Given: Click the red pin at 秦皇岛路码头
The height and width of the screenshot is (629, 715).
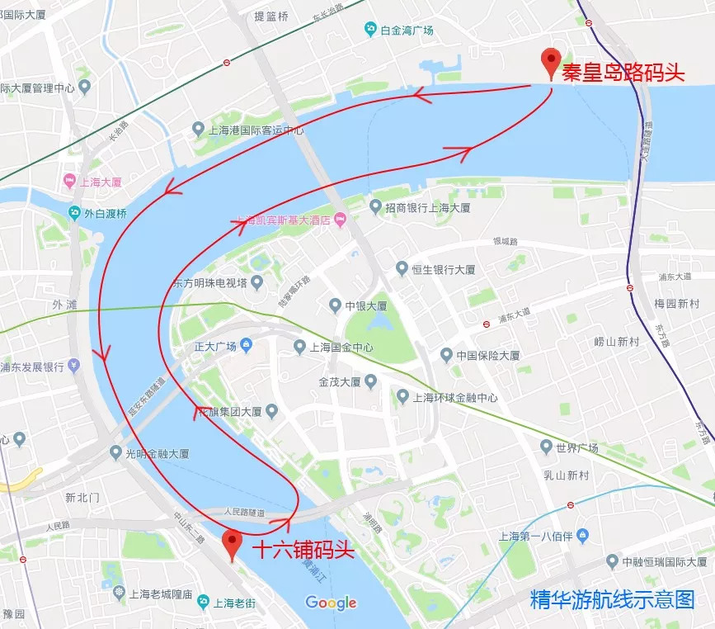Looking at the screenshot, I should pyautogui.click(x=550, y=63).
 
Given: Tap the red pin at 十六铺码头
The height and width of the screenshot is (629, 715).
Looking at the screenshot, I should pyautogui.click(x=233, y=544).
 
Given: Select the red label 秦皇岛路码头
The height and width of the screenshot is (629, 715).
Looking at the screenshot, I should pyautogui.click(x=623, y=73).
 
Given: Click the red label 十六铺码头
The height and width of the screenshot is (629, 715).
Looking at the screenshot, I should pyautogui.click(x=303, y=550).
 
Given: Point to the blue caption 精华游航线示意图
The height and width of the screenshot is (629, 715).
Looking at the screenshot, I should pyautogui.click(x=613, y=599).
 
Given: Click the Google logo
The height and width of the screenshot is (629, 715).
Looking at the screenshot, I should pyautogui.click(x=331, y=603).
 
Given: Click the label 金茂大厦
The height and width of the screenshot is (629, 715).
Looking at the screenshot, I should pyautogui.click(x=340, y=382).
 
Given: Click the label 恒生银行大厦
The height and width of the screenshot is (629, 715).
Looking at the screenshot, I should pyautogui.click(x=444, y=269).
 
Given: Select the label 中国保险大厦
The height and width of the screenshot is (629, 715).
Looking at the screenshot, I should pyautogui.click(x=490, y=356).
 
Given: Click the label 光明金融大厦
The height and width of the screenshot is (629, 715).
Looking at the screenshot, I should pyautogui.click(x=157, y=453).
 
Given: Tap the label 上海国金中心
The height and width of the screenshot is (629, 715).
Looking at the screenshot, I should pyautogui.click(x=341, y=348).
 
